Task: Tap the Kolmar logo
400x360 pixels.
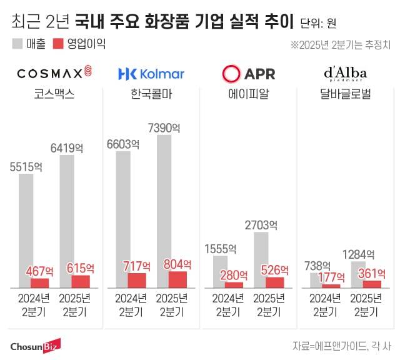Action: [x=151, y=74]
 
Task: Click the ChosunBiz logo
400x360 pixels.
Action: [x=35, y=346]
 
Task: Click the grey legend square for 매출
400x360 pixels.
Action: [x=17, y=44]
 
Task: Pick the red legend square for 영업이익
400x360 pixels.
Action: [x=58, y=44]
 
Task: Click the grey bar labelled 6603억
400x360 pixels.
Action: [x=123, y=219]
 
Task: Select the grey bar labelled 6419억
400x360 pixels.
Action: [x=67, y=221]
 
